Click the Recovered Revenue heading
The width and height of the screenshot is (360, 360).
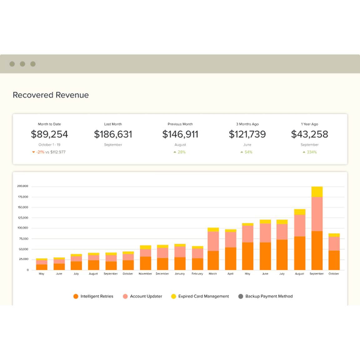point(51,95)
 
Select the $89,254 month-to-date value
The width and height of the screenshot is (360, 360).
point(49,134)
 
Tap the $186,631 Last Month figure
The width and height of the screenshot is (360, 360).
point(113,134)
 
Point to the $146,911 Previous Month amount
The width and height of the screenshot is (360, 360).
point(180,134)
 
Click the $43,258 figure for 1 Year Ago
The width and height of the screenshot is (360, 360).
point(309,134)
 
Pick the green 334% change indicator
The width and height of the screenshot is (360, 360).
point(311,152)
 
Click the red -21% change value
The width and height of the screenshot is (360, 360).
point(40,152)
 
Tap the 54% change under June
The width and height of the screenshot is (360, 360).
point(248,152)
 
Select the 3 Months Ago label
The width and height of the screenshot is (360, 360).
point(247,124)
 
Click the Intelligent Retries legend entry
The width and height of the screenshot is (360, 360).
point(97,296)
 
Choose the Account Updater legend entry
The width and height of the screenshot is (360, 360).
point(146,296)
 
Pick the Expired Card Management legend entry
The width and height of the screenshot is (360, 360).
point(203,296)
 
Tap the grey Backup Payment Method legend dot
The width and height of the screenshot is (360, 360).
point(241,296)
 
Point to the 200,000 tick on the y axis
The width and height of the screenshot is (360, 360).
point(22,186)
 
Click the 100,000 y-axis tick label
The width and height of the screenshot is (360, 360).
point(22,228)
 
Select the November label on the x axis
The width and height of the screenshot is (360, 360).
point(145,274)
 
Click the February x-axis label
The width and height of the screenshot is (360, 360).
point(197,274)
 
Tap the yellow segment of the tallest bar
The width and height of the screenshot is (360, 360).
point(317,192)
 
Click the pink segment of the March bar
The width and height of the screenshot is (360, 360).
point(213,241)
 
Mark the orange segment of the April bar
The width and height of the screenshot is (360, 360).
point(231,259)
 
